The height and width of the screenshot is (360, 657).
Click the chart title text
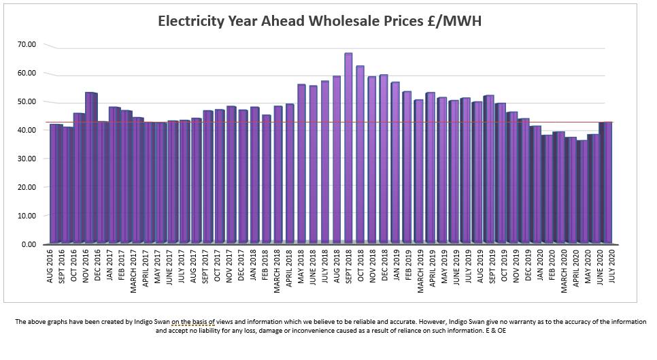[x=320, y=21]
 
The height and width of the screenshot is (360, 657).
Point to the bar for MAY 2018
[x=301, y=163]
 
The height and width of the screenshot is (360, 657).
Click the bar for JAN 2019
[x=395, y=163]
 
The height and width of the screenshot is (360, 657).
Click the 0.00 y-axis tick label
[x=29, y=244]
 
